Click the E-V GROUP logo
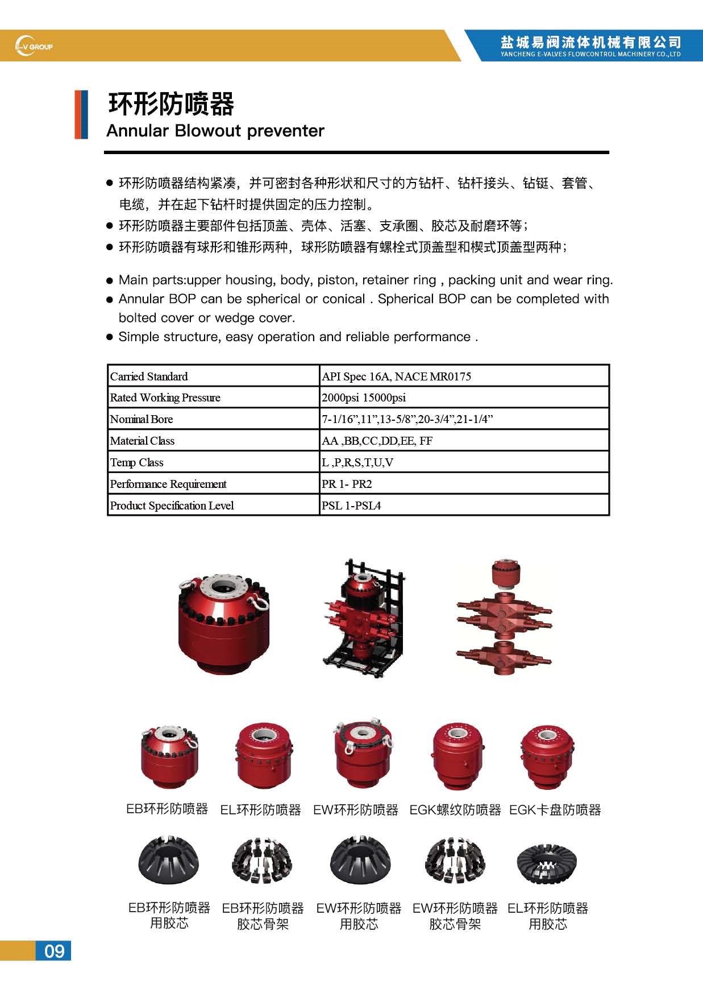tap(34, 46)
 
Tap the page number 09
tap(54, 951)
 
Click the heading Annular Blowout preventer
tap(215, 131)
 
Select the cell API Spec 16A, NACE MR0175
tap(396, 376)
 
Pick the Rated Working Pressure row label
tap(165, 397)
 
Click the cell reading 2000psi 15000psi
tap(364, 397)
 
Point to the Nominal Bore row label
tap(142, 419)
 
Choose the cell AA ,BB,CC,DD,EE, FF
tap(377, 441)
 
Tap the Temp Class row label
tap(136, 462)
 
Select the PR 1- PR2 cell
tap(347, 484)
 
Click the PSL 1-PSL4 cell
tap(351, 506)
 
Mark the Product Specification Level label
tap(172, 506)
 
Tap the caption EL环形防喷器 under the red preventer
tap(260, 810)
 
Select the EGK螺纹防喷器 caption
tap(455, 810)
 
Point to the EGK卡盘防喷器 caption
tap(555, 810)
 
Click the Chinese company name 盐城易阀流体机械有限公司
tap(590, 42)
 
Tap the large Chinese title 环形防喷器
tap(171, 104)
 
